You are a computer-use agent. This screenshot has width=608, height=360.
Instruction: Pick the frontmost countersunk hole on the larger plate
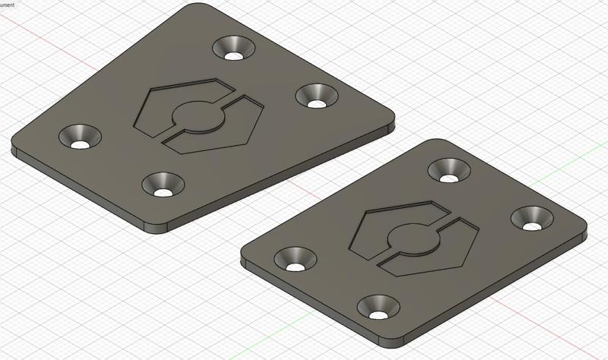(x=162, y=184)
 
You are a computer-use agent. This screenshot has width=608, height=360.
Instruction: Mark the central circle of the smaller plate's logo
(x=414, y=238)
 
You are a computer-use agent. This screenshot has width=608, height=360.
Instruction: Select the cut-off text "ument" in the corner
(x=8, y=4)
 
